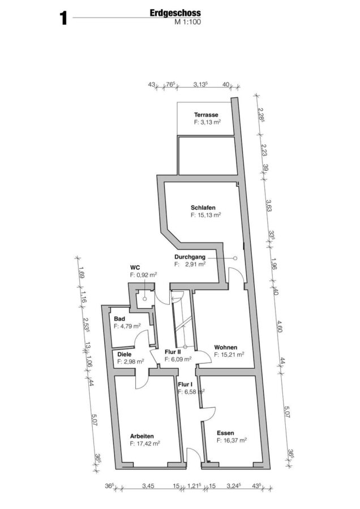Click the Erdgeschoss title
point(175,13)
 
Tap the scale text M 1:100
point(188,22)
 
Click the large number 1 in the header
point(63,19)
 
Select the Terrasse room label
point(206,115)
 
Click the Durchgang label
point(190,257)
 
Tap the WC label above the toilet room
point(135,268)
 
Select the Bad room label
point(119,319)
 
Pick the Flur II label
point(173,352)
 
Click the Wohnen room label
point(225,347)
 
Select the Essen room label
point(225,433)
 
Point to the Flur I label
point(185,385)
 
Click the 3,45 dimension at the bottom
point(148,486)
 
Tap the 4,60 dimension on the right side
point(279,326)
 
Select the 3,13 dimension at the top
point(200,84)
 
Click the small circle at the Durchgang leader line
point(235,258)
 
